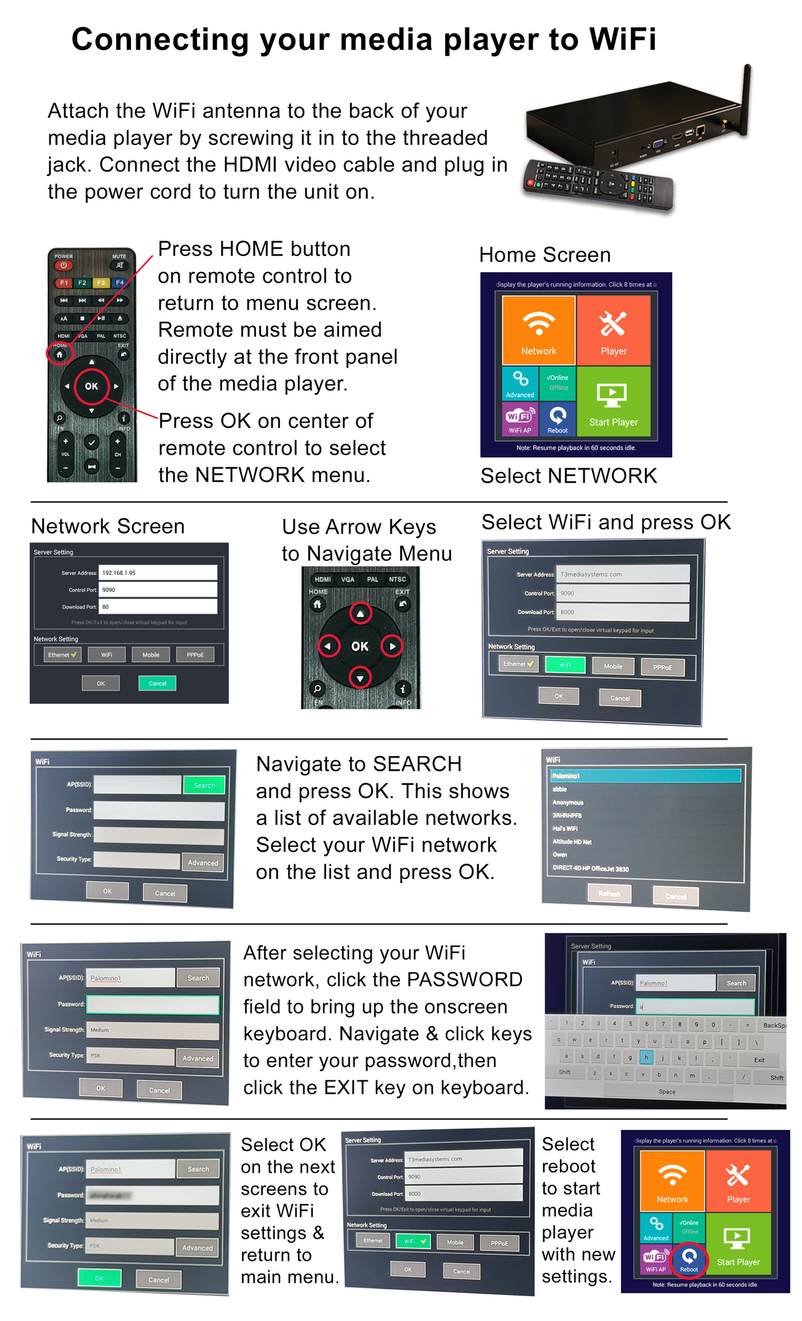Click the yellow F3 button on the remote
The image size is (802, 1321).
click(x=100, y=283)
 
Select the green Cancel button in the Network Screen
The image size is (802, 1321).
click(x=157, y=683)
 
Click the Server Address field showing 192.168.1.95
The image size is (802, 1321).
click(x=158, y=573)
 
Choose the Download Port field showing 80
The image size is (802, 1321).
click(x=158, y=607)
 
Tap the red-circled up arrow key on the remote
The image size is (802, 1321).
click(x=360, y=613)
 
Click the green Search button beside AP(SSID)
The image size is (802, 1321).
click(x=204, y=786)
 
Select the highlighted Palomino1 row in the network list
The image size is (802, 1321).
click(x=646, y=776)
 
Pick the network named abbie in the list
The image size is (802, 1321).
click(x=560, y=790)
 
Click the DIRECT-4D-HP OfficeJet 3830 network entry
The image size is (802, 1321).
click(x=591, y=869)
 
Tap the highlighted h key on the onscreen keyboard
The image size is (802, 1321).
click(x=646, y=1058)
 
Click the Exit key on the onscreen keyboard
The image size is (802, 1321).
click(x=759, y=1060)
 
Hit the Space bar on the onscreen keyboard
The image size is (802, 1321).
click(x=667, y=1092)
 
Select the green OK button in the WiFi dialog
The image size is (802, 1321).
click(x=100, y=1278)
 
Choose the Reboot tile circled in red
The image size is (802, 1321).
click(x=689, y=1259)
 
